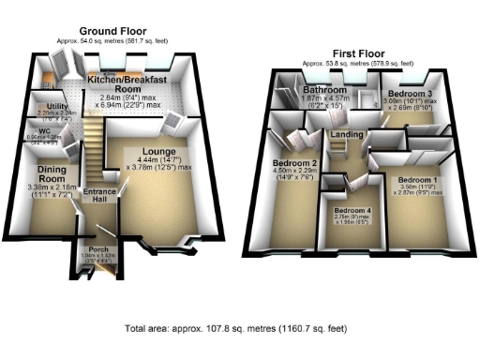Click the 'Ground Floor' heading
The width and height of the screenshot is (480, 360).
(x=113, y=31)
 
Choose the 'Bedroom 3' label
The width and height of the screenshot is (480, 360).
(x=409, y=96)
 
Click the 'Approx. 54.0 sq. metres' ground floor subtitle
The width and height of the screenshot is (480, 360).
(x=113, y=41)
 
